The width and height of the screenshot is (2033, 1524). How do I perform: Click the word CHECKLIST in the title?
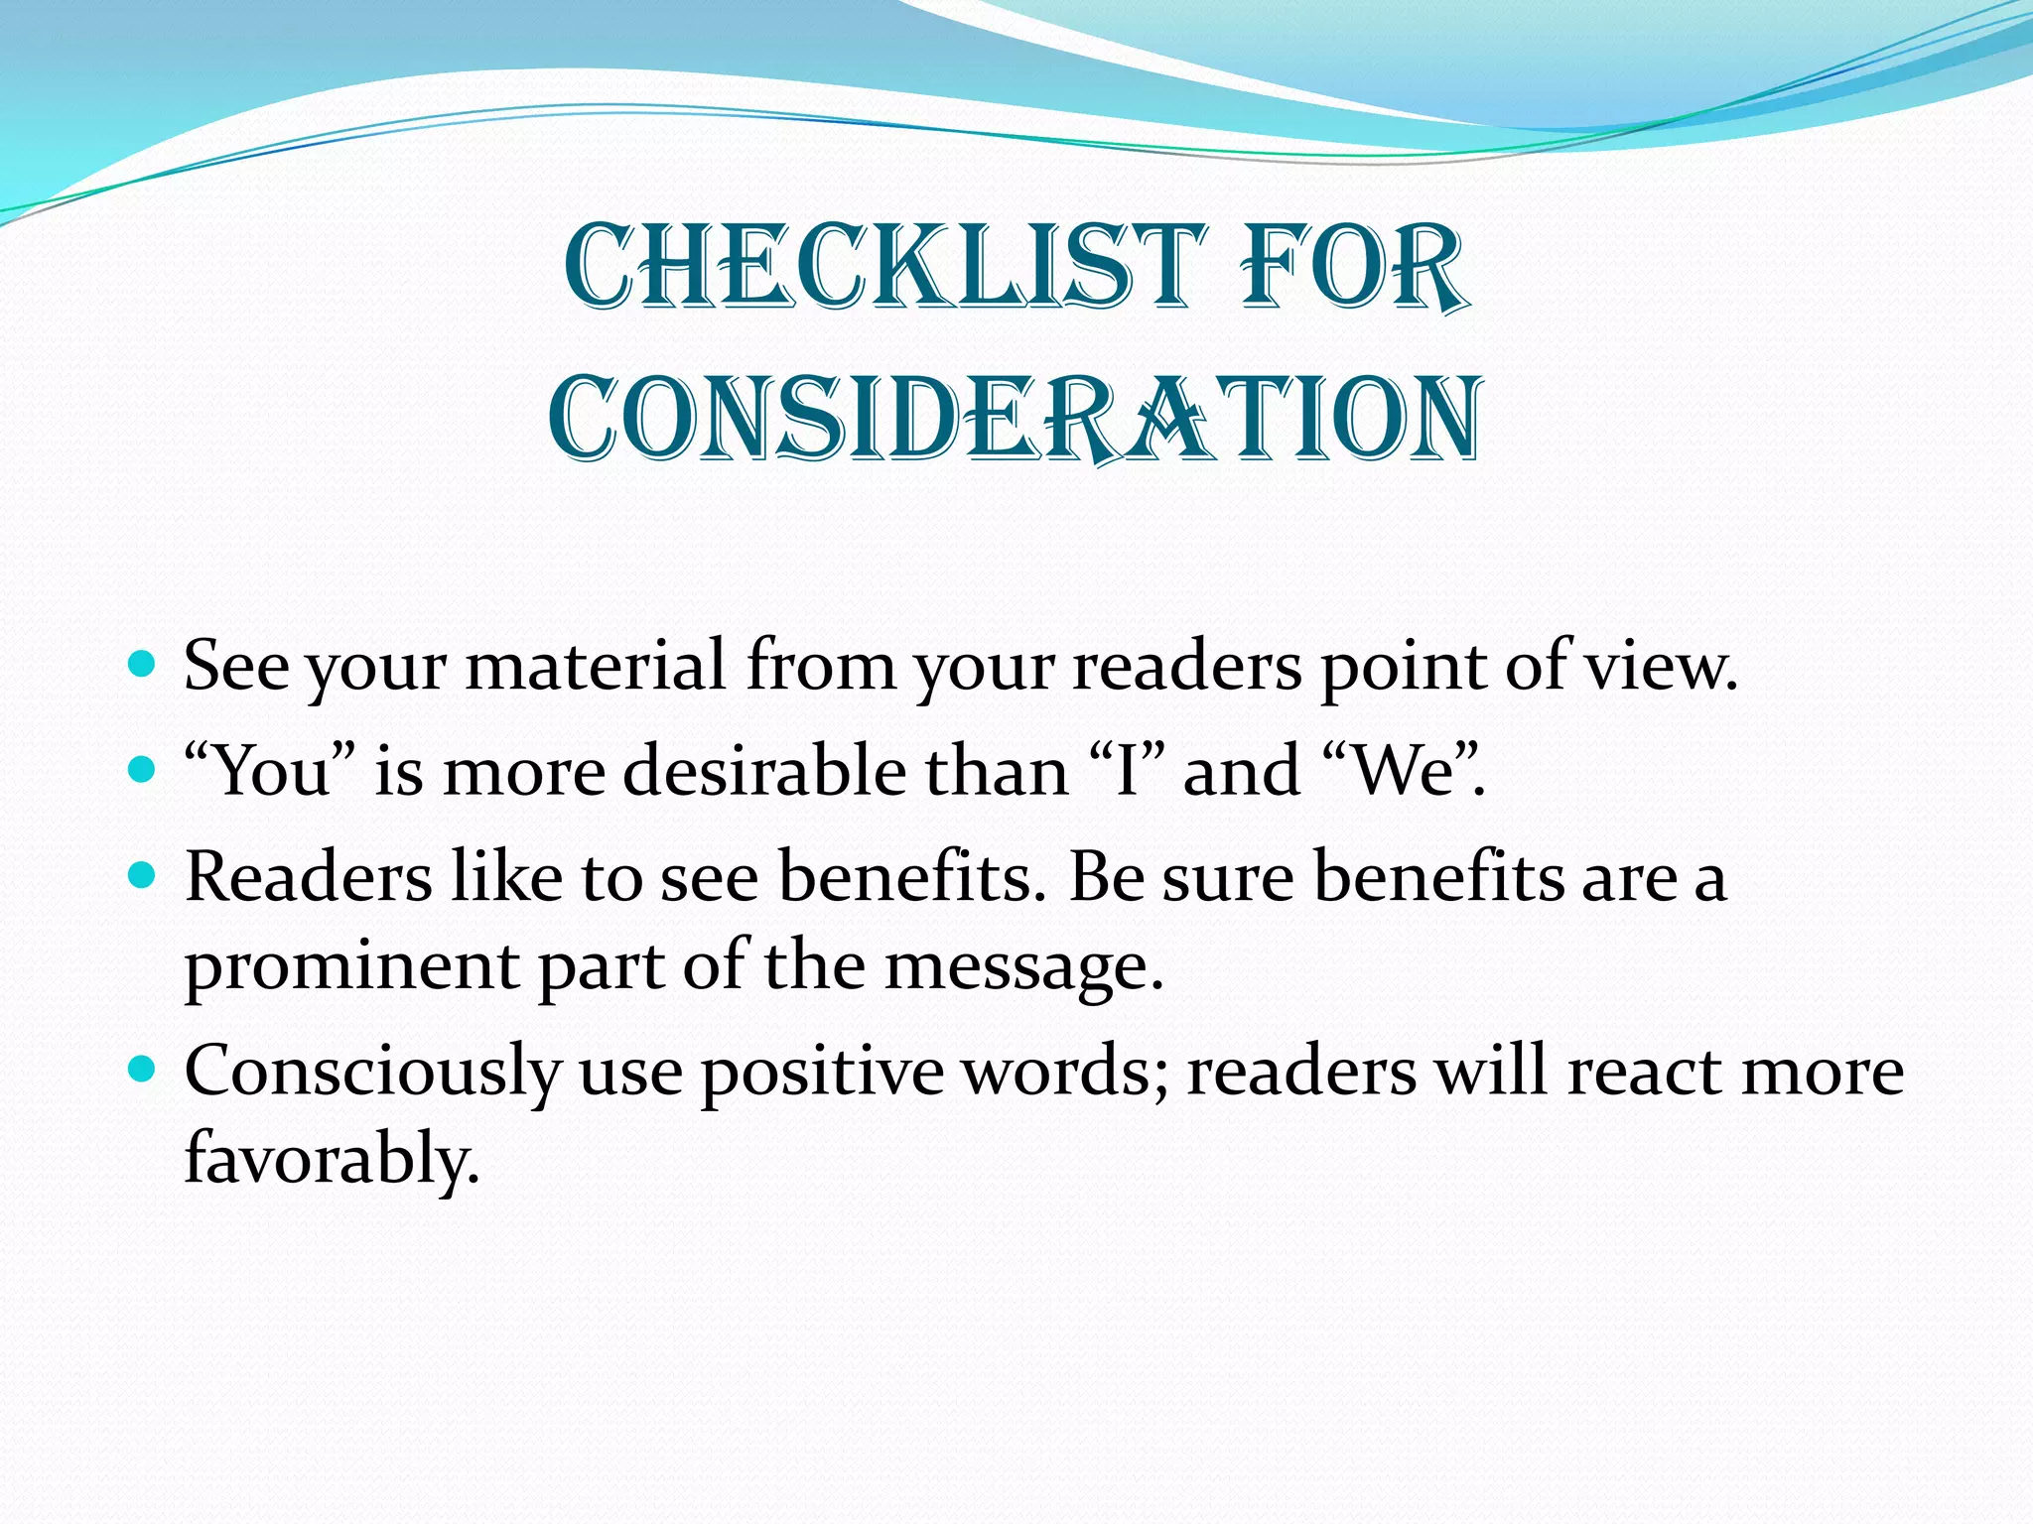coord(883,266)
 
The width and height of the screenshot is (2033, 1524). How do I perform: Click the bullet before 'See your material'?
coord(143,663)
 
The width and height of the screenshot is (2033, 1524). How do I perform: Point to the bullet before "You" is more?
coord(143,769)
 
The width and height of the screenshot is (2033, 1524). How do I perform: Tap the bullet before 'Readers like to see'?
coord(143,875)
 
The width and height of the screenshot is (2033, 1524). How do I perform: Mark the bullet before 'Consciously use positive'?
coord(143,1069)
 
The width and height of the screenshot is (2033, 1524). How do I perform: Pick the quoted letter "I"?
coord(1126,771)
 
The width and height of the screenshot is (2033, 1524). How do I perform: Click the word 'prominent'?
coord(351,967)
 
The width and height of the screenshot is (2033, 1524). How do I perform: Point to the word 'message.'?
coord(1022,967)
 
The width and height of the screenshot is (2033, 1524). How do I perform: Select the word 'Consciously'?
coord(373,1072)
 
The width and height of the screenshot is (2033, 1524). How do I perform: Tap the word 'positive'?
coord(822,1072)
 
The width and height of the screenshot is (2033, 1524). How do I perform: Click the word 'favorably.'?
coord(332,1158)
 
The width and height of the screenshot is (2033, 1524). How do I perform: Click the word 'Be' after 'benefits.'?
coord(1105,877)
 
